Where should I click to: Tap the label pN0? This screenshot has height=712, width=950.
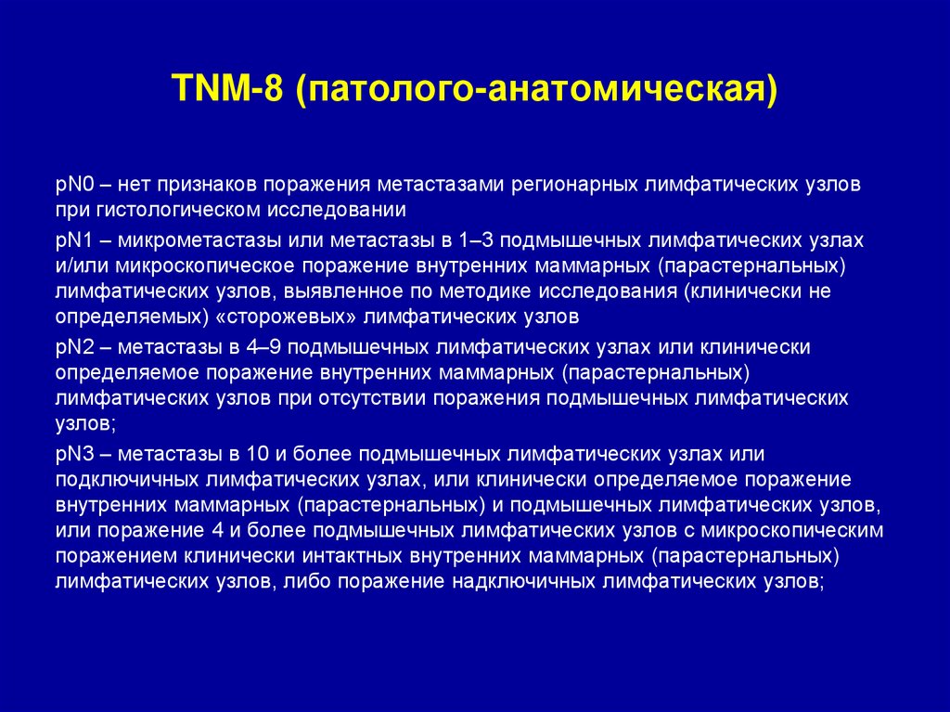click(x=72, y=184)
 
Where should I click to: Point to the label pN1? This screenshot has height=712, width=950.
click(x=72, y=239)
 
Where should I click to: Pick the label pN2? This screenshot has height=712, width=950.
click(x=72, y=347)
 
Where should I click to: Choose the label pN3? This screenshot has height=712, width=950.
click(x=72, y=454)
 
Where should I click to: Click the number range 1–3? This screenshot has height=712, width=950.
click(x=477, y=239)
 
